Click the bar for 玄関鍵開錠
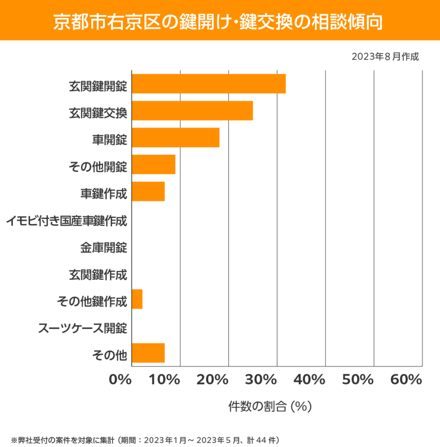point(208,84)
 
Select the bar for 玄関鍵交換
point(192,111)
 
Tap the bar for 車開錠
point(175,137)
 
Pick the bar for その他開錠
point(153,165)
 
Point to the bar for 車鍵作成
point(148,191)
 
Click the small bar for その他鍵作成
point(137,299)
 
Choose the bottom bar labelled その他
point(148,353)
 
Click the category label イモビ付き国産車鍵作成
point(67,221)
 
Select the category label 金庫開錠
point(104,248)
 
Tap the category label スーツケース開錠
point(83,328)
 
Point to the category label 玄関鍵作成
point(98,275)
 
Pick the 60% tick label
point(406,380)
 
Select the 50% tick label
point(358,380)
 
